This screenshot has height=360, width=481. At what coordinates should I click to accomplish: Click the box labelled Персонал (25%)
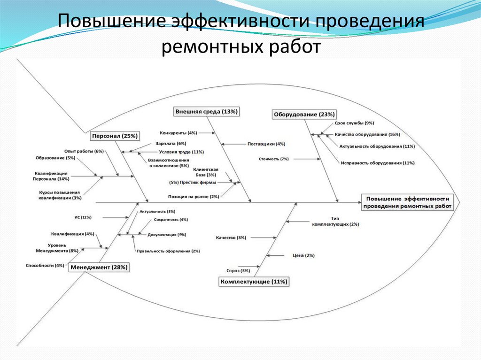[115, 136]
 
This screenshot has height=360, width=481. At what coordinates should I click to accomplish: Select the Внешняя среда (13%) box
[207, 112]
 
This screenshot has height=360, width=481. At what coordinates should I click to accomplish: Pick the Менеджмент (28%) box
[99, 267]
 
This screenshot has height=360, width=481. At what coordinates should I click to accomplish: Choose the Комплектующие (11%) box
[254, 282]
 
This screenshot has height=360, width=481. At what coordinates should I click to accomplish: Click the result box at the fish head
[408, 202]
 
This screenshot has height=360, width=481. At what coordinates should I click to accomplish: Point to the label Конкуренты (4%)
[178, 133]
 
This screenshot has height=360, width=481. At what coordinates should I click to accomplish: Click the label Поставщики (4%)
[266, 144]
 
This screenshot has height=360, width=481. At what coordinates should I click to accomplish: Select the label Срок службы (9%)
[354, 123]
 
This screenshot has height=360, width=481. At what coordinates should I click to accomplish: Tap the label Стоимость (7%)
[273, 159]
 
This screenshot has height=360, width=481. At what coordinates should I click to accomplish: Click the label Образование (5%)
[55, 158]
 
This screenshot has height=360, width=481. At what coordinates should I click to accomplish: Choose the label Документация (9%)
[167, 234]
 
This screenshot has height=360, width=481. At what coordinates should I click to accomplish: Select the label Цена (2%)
[303, 255]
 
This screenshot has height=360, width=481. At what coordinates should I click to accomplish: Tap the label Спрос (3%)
[238, 271]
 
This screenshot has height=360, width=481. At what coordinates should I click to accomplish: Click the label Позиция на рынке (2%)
[194, 196]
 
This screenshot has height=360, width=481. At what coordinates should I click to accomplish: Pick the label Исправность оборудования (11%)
[378, 163]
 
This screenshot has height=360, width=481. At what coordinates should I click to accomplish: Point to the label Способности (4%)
[45, 266]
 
